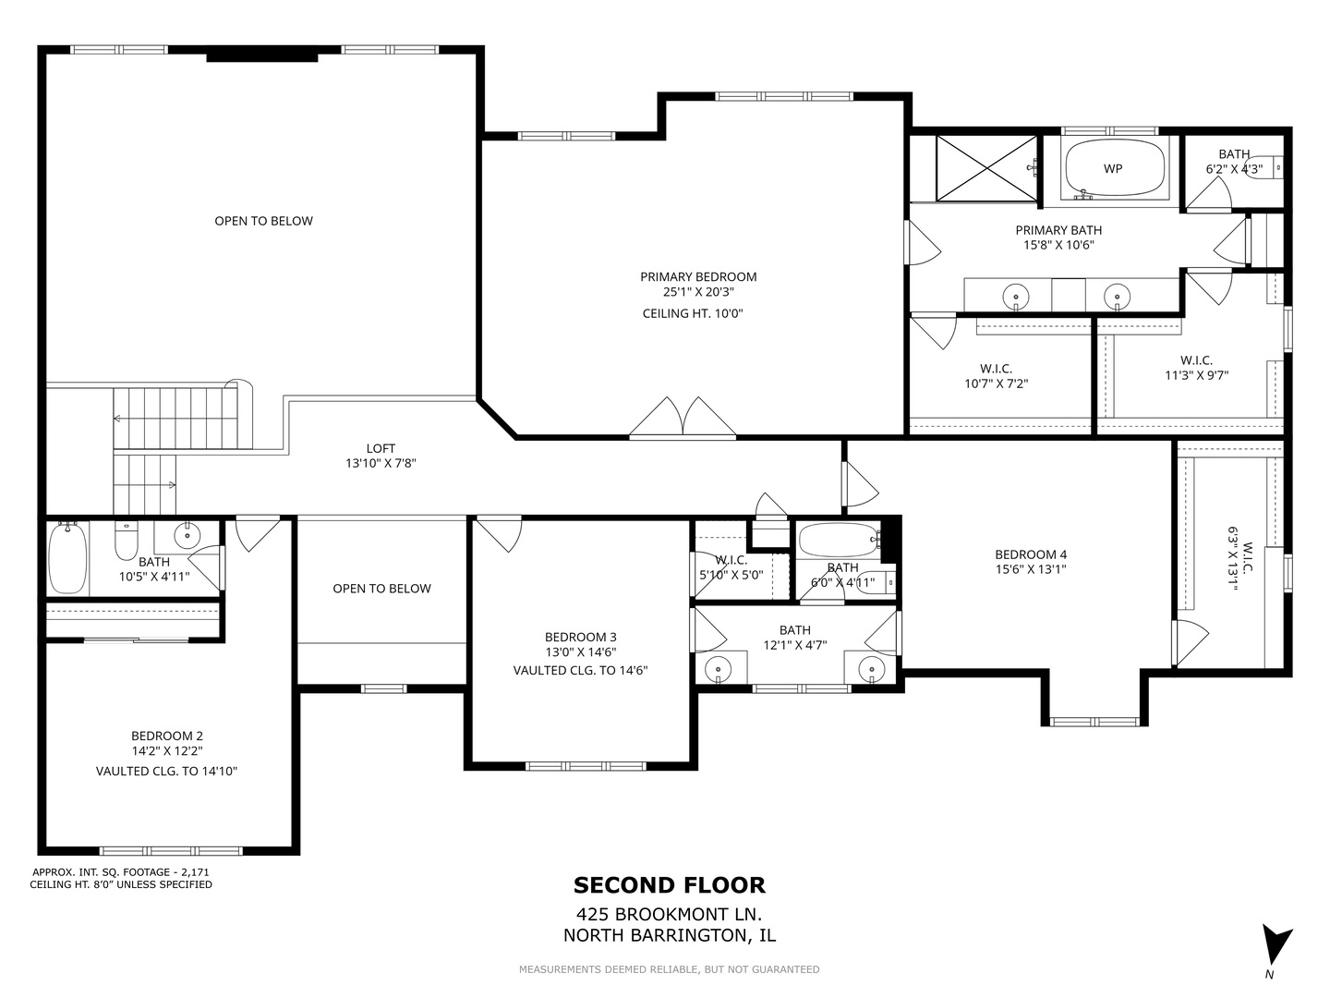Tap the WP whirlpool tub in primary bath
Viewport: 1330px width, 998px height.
click(x=1114, y=168)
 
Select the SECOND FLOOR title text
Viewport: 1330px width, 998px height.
click(x=670, y=885)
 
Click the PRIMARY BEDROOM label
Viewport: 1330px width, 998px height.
click(x=698, y=277)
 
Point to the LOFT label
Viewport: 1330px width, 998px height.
click(x=381, y=448)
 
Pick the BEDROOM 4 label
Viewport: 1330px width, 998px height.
click(x=1031, y=554)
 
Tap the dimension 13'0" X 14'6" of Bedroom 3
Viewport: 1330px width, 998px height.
click(x=580, y=652)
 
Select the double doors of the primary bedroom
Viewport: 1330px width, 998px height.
click(x=683, y=417)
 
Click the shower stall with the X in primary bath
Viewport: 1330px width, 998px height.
click(x=986, y=168)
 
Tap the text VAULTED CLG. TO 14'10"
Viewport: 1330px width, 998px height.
click(x=166, y=772)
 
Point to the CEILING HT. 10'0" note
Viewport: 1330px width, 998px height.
click(x=693, y=313)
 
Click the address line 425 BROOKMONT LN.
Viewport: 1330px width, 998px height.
click(x=670, y=914)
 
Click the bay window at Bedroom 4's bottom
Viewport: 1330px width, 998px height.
click(x=1094, y=722)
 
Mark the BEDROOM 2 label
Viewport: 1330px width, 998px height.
click(x=166, y=736)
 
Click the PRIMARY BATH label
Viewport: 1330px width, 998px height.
click(x=1058, y=230)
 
